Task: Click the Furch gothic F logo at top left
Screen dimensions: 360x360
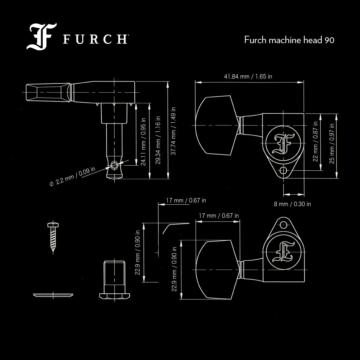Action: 41,37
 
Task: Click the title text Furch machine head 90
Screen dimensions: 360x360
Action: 289,40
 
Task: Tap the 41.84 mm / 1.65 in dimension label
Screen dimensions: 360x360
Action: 248,76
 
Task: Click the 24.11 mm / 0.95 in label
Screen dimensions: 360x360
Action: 143,145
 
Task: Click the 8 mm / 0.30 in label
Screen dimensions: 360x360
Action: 292,204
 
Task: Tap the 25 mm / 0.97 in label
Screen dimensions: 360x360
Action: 332,144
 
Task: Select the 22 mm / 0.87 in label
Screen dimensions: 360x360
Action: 315,141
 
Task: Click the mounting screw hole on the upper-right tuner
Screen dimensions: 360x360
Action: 283,171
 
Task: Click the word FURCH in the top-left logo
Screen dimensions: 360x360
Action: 95,40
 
